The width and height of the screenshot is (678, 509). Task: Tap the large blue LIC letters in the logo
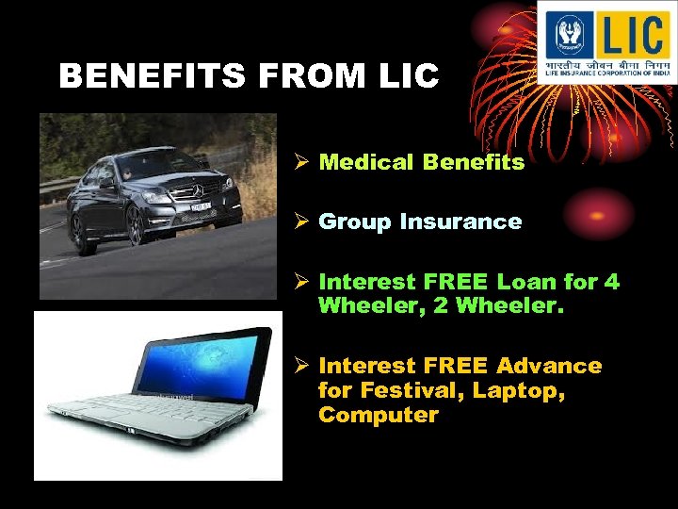point(629,35)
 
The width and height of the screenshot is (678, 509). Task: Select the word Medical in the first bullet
point(366,162)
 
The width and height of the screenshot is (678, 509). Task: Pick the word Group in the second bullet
point(355,222)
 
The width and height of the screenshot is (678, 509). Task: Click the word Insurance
point(460,222)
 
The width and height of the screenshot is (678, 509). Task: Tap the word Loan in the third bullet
point(529,282)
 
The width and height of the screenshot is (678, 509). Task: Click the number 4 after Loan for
point(613,282)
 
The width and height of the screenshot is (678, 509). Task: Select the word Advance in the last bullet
point(548,365)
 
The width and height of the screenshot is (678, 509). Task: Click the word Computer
point(379,415)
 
